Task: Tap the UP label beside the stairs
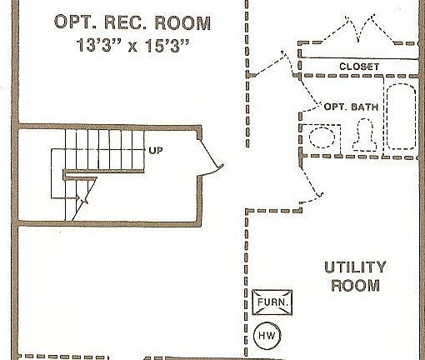[x=155, y=151]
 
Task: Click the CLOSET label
[x=359, y=67]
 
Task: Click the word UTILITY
[x=355, y=267]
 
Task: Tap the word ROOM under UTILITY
[x=355, y=286]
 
